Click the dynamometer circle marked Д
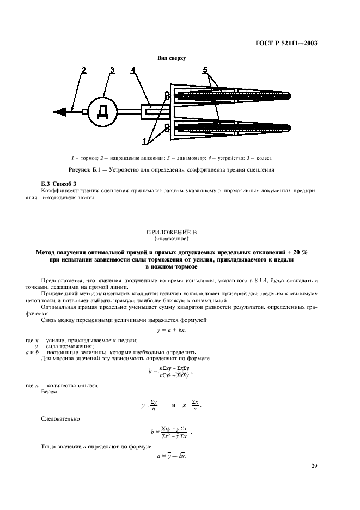point(102,112)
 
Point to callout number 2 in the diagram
point(83,70)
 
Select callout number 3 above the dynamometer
point(112,70)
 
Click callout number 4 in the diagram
point(133,70)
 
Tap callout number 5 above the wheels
point(204,70)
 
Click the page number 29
point(314,466)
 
